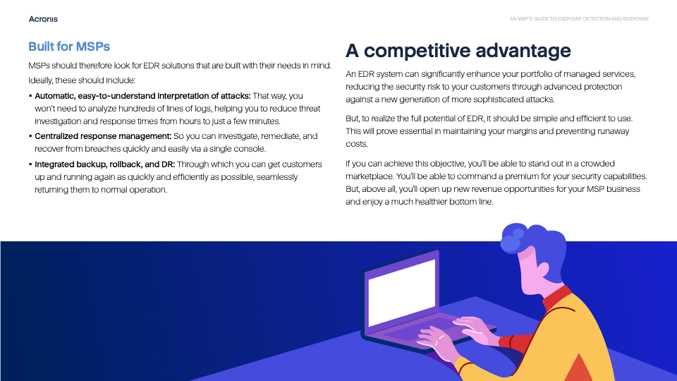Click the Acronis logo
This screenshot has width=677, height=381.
point(43,19)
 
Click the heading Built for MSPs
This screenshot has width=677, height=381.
point(69,47)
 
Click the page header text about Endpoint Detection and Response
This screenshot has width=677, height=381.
point(579,19)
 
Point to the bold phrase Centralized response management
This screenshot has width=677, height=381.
point(103,136)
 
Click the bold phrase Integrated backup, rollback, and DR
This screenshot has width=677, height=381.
point(105,164)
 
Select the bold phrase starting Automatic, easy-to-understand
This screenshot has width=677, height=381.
point(142,96)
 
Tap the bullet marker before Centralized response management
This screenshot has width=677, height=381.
point(30,136)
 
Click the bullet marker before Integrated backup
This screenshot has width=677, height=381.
point(30,164)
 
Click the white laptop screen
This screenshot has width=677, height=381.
point(401,292)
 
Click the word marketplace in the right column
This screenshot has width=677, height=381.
point(370,176)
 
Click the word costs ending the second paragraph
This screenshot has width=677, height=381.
point(357,144)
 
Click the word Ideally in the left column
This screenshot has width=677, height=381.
point(41,80)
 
